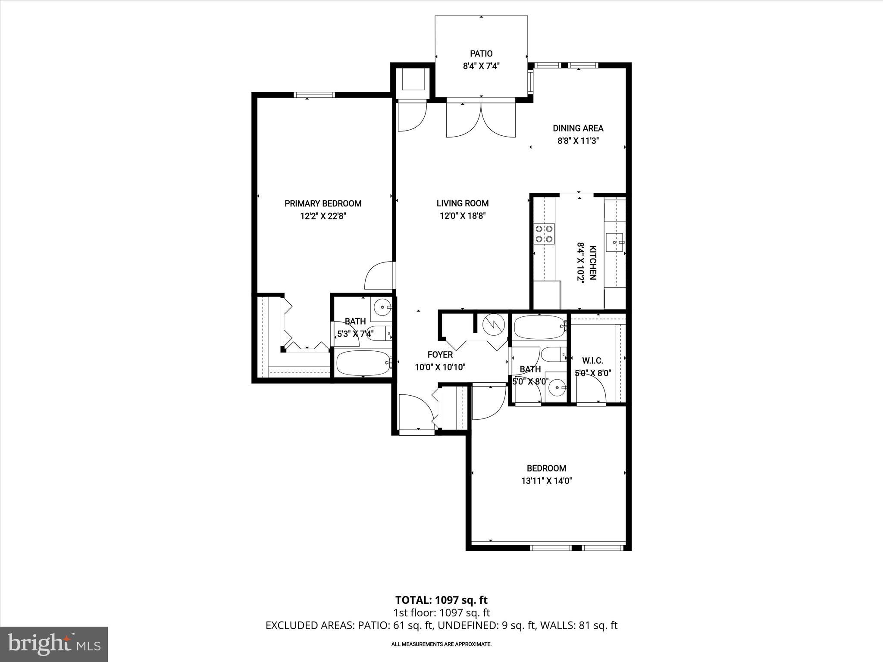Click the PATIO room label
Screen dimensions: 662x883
coord(481,54)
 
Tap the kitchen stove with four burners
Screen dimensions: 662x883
coord(544,234)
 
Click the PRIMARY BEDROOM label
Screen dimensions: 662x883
coord(323,203)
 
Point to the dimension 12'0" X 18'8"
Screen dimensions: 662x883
coord(463,216)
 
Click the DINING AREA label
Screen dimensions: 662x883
coord(578,128)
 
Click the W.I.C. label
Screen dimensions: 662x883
coord(592,361)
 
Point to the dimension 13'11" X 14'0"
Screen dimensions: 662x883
coord(546,481)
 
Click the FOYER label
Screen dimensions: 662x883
coord(440,355)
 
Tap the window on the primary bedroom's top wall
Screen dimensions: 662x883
coord(314,95)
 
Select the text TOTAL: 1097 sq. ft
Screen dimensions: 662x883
coord(441,600)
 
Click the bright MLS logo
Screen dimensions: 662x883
coord(54,644)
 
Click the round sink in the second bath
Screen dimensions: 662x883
coord(557,387)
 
